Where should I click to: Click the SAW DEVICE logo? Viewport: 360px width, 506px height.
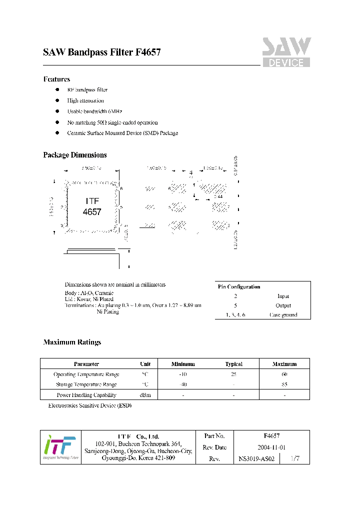click(286, 52)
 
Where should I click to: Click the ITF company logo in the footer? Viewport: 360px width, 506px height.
click(60, 447)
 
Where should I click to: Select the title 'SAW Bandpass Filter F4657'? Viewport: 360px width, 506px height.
click(101, 52)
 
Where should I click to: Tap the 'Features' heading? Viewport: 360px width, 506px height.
click(56, 79)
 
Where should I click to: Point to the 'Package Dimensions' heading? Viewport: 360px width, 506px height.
click(74, 155)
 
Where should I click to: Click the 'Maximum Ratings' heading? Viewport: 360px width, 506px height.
click(72, 342)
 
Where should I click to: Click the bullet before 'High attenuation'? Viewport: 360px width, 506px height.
click(57, 100)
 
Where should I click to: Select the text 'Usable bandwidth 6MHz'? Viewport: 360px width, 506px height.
click(94, 111)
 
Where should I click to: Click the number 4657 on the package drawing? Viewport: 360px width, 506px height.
click(92, 212)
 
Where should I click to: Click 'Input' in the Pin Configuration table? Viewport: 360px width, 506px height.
click(283, 296)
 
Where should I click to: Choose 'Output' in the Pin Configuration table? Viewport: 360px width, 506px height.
click(283, 305)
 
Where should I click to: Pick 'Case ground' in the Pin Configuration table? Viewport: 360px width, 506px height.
click(283, 315)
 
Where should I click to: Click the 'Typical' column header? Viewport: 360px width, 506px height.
click(233, 364)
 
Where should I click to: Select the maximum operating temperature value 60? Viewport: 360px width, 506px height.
click(284, 374)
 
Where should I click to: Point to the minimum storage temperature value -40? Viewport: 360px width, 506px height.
click(182, 384)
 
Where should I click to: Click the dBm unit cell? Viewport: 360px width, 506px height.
click(145, 395)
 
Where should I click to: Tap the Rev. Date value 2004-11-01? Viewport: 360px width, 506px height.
click(271, 447)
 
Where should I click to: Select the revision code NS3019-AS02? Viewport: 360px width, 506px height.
click(256, 458)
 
